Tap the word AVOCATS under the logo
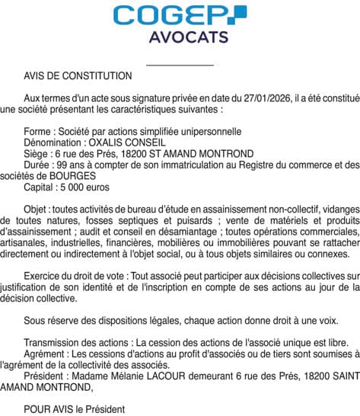pos(180,37)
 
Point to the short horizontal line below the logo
pos(180,65)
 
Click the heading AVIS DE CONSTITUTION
pos(78,76)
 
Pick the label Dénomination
pos(53,142)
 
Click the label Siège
pos(37,153)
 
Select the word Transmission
pos(53,319)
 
